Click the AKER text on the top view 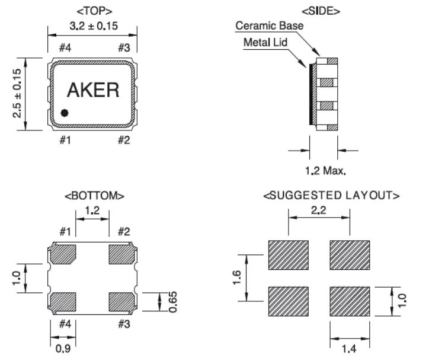[x=93, y=90]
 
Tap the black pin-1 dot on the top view [x=65, y=113]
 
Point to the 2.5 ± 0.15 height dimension [x=17, y=92]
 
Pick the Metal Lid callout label [x=267, y=43]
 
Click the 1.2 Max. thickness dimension [x=325, y=171]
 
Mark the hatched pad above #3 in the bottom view [x=123, y=301]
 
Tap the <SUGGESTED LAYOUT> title [x=331, y=195]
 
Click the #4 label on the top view [x=65, y=48]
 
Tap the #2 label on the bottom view [x=123, y=231]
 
